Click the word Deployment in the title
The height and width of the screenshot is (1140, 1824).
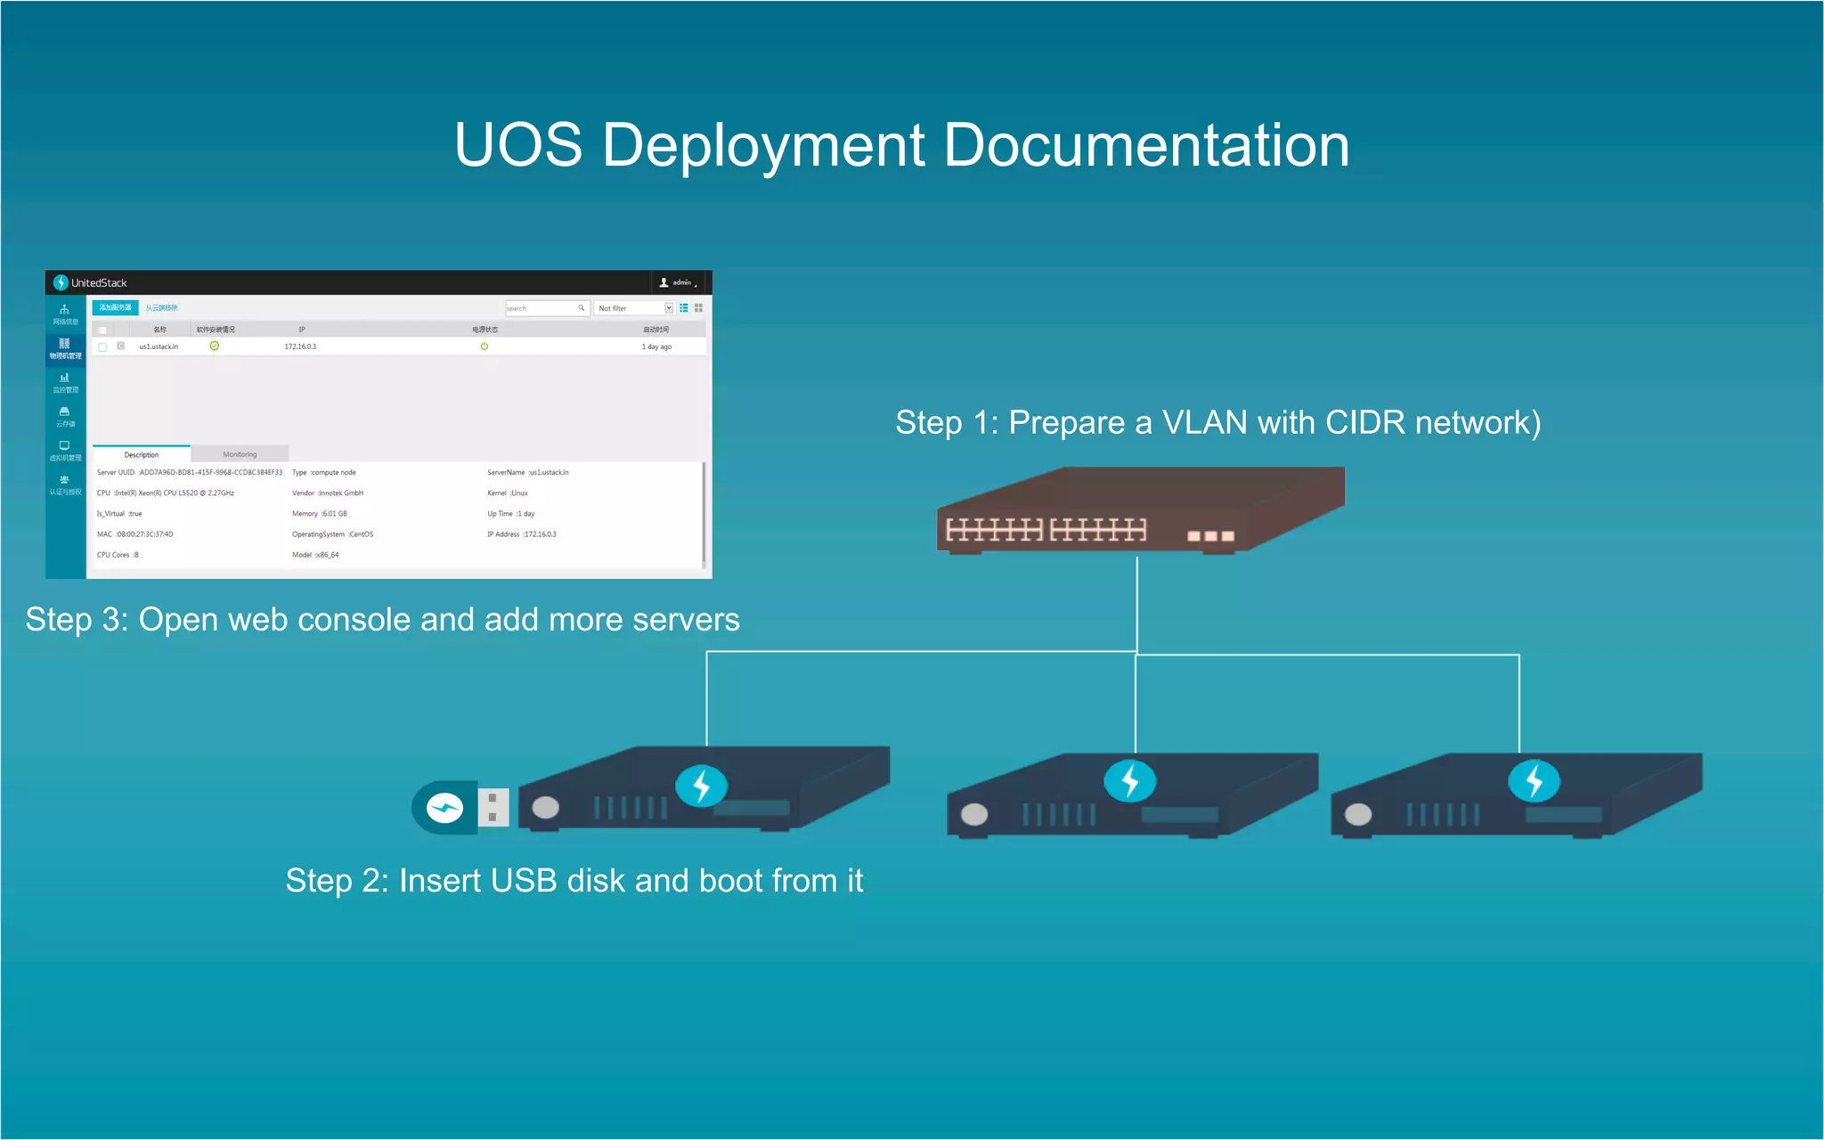coord(764,145)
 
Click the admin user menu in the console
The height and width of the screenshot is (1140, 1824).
coord(678,282)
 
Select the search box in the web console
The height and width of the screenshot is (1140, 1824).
coord(541,308)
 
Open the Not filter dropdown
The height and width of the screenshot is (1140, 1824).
coord(635,308)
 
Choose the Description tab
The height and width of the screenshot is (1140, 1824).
coord(142,454)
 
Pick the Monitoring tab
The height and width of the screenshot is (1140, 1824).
coord(240,454)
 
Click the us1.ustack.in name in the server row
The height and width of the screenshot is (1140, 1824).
coord(159,346)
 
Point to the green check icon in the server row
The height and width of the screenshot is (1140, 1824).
coord(215,346)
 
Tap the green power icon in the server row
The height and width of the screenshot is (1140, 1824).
coord(484,346)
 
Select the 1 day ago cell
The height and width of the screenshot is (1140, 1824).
coord(656,346)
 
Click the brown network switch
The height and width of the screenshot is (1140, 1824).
coord(1140,511)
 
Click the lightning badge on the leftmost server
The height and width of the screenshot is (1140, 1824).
coord(702,786)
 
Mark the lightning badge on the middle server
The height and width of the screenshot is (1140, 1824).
coord(1130,781)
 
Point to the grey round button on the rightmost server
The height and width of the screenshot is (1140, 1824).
coord(1358,814)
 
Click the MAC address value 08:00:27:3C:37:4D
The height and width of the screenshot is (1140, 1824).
coord(145,534)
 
